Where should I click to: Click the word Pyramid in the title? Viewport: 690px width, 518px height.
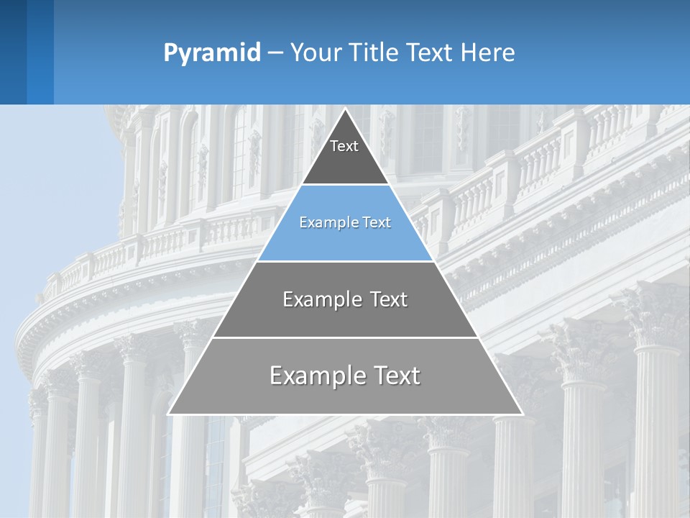click(x=212, y=53)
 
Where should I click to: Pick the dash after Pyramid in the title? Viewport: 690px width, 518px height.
click(x=275, y=53)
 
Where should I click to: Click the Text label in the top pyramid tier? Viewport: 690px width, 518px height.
click(x=344, y=146)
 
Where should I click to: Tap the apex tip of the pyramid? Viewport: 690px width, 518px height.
click(x=346, y=109)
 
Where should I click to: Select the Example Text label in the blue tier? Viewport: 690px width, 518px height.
click(x=345, y=222)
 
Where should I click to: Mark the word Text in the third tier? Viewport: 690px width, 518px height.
click(x=385, y=299)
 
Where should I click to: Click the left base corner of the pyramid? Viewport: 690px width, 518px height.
click(x=169, y=414)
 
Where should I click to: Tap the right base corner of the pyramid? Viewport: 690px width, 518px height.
click(x=522, y=414)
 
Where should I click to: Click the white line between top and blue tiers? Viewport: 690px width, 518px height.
click(x=346, y=184)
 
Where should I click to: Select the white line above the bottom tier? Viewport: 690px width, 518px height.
click(x=346, y=337)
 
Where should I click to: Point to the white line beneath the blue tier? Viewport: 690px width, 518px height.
click(x=346, y=261)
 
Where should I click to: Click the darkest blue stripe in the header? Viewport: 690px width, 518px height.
click(x=13, y=52)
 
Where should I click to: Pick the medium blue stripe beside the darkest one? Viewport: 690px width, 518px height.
click(x=40, y=52)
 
